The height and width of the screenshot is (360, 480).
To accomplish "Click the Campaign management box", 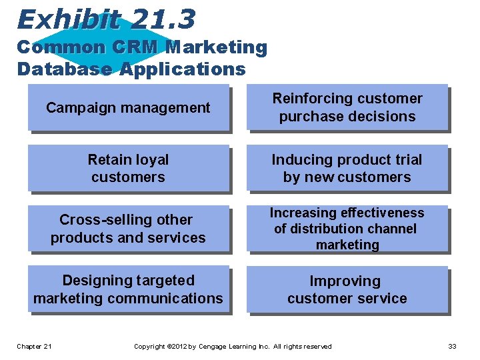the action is pyautogui.click(x=128, y=107).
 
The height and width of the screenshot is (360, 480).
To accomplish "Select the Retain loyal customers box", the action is pyautogui.click(x=128, y=169).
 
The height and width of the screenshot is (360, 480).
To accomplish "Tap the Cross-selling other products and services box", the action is pyautogui.click(x=128, y=229).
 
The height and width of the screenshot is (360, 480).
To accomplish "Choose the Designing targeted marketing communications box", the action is pyautogui.click(x=128, y=289).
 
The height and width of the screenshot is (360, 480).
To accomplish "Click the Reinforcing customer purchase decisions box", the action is pyautogui.click(x=347, y=107).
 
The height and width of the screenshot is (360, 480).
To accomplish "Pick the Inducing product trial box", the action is pyautogui.click(x=347, y=169).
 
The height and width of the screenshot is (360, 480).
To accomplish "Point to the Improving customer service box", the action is pyautogui.click(x=347, y=290).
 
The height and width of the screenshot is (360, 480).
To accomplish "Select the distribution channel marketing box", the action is pyautogui.click(x=347, y=229).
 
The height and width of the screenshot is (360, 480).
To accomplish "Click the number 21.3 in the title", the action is pyautogui.click(x=163, y=19).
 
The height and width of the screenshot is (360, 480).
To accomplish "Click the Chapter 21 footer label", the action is pyautogui.click(x=35, y=346).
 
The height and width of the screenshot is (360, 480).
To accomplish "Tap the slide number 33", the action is pyautogui.click(x=452, y=346).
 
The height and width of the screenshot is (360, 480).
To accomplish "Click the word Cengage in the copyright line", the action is pyautogui.click(x=213, y=346).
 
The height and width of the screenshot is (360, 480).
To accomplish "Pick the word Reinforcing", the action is pyautogui.click(x=310, y=99).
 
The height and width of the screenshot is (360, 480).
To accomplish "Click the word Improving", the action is pyautogui.click(x=345, y=281).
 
